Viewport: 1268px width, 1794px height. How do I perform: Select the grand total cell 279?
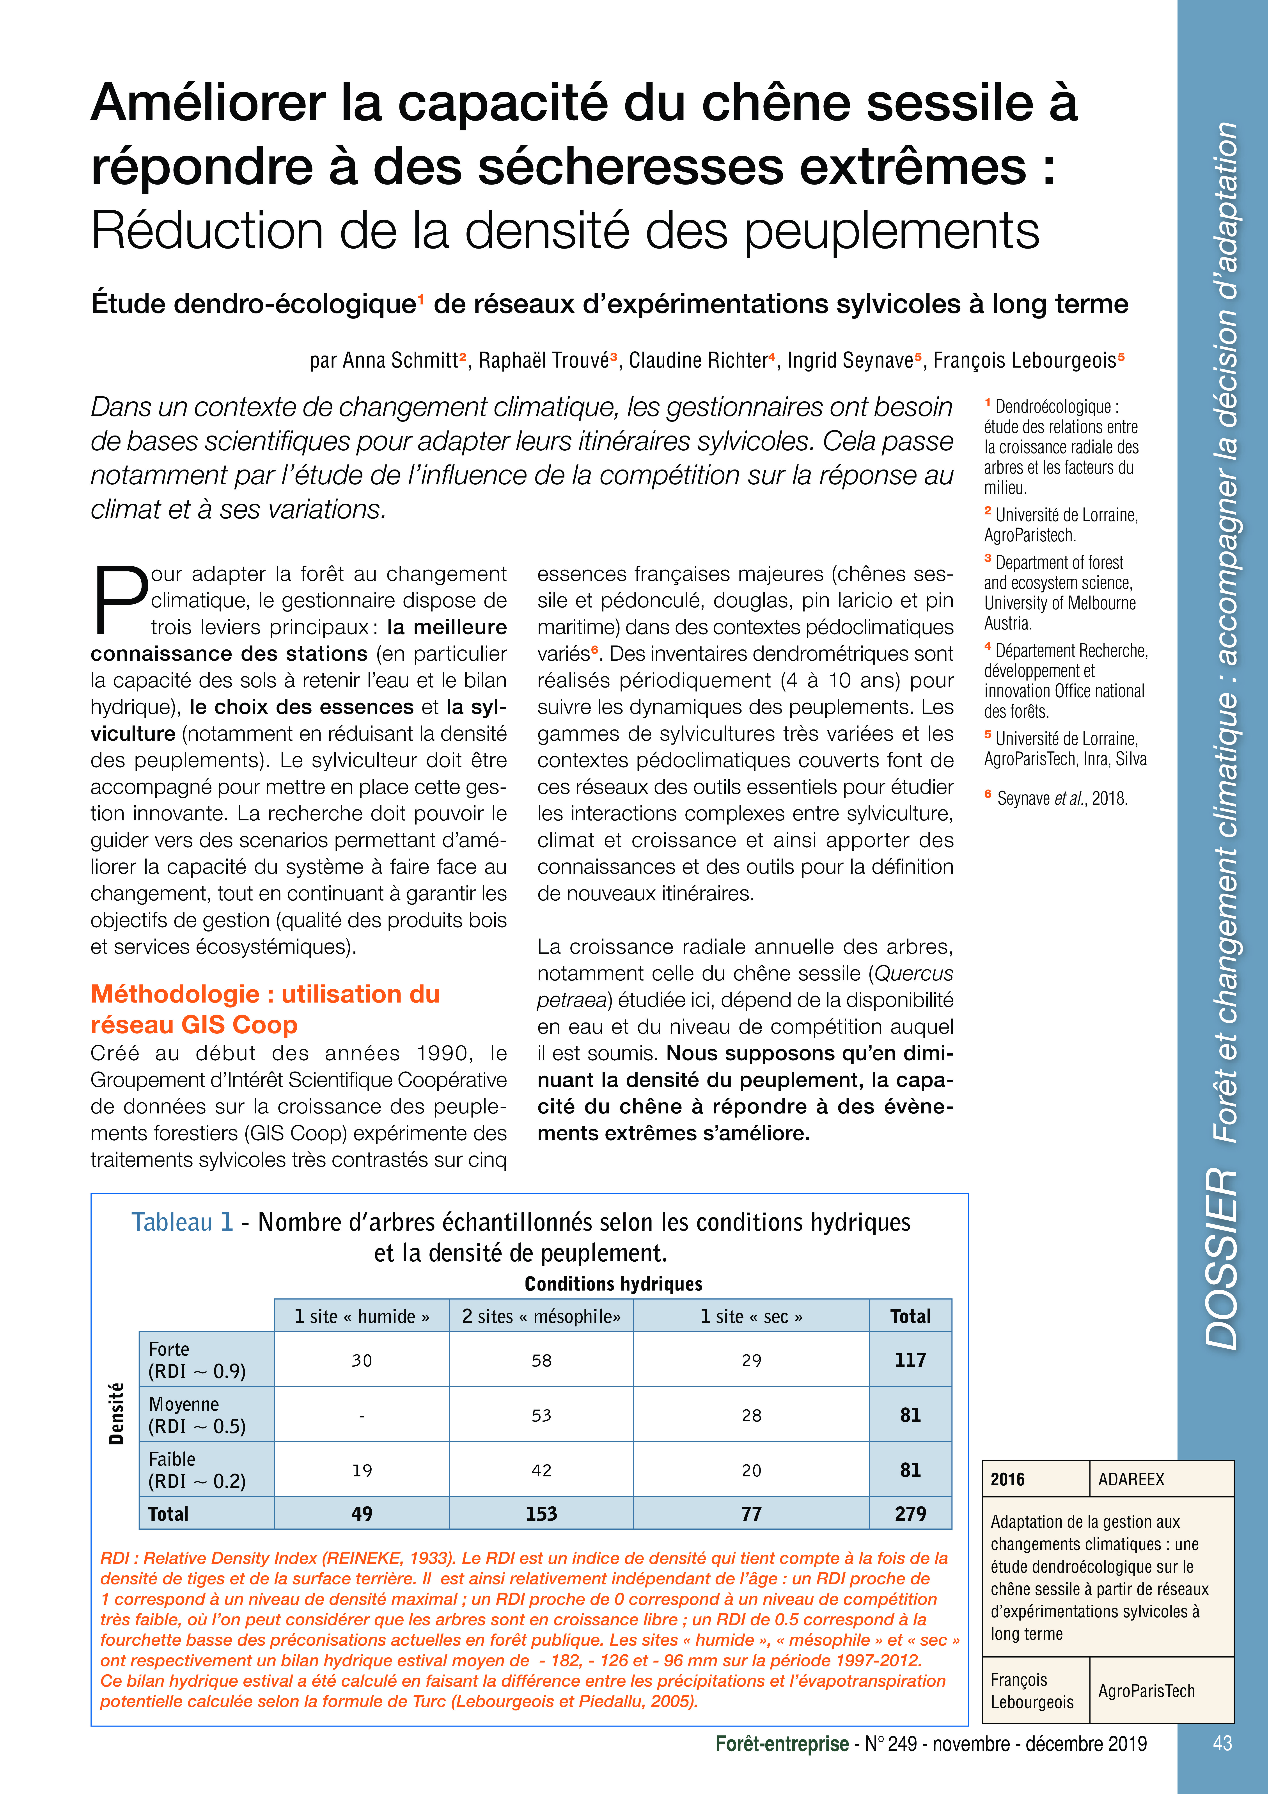tap(910, 1513)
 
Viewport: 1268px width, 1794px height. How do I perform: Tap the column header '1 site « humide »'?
tap(362, 1317)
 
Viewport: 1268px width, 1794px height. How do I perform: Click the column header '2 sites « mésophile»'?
tap(541, 1317)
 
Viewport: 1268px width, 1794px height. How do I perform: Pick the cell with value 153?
tap(541, 1513)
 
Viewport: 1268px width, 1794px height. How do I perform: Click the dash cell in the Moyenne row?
tap(362, 1415)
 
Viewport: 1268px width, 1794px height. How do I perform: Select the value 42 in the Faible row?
tap(541, 1470)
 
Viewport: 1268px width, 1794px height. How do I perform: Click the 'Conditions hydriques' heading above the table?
tap(613, 1284)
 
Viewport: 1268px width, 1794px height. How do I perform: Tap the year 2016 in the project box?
tap(1008, 1479)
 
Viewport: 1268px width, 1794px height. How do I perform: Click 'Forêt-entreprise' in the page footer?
tap(781, 1744)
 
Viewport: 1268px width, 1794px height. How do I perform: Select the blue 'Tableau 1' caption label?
tap(182, 1222)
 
